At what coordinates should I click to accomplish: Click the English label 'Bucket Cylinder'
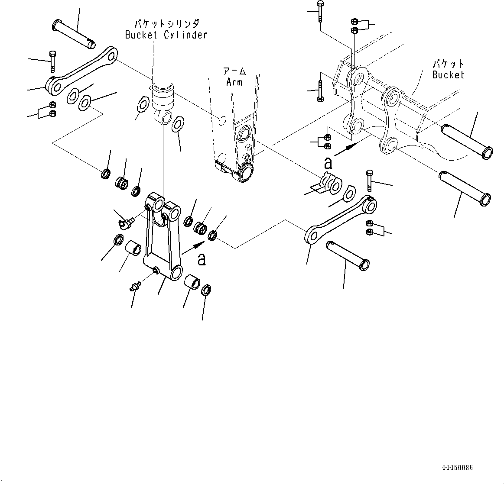[166, 35]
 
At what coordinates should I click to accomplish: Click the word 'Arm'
[234, 82]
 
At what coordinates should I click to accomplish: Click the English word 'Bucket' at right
[448, 75]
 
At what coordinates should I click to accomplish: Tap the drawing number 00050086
[457, 468]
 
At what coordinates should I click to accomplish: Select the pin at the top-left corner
[73, 32]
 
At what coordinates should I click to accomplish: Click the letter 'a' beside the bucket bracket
[328, 163]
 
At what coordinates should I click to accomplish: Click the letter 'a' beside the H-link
[202, 259]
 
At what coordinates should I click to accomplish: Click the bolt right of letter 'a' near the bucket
[369, 181]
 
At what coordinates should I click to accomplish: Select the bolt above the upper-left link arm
[52, 61]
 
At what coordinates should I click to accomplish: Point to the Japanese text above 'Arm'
[234, 71]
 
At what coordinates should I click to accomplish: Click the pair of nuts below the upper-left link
[52, 109]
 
